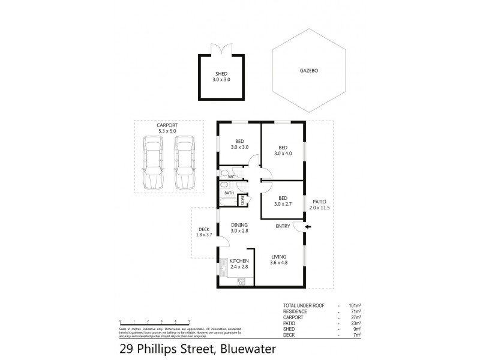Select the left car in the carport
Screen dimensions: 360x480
(154, 161)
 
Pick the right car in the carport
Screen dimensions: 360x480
(184, 161)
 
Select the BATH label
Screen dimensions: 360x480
(229, 193)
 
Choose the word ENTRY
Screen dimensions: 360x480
(283, 226)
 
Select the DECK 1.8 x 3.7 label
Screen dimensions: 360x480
(204, 232)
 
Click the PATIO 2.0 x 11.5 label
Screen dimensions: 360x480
(320, 204)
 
